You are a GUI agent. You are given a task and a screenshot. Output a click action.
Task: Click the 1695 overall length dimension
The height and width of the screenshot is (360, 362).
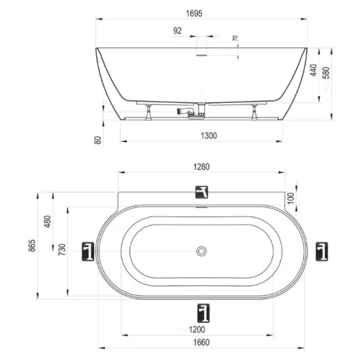pos(194,14)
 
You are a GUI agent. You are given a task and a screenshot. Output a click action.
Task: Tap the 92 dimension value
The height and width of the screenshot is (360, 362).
pos(177,31)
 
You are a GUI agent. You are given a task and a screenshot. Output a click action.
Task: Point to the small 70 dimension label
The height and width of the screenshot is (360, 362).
pos(235,38)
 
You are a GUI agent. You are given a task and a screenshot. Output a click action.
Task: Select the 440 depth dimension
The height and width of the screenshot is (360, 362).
pos(313,70)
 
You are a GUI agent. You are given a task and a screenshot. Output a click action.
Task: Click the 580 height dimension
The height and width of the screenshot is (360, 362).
pos(326,72)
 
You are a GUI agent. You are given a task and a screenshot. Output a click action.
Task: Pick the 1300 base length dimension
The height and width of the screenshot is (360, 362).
pos(209,135)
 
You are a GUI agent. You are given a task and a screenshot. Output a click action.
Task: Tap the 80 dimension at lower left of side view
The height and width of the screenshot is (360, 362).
pos(98,140)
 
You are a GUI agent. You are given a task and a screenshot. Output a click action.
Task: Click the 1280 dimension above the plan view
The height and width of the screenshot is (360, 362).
pos(201,167)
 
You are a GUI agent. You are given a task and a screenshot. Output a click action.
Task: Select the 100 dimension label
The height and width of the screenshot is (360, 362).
pos(291,198)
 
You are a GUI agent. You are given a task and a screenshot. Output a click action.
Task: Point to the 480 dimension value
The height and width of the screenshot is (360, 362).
pos(48,222)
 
